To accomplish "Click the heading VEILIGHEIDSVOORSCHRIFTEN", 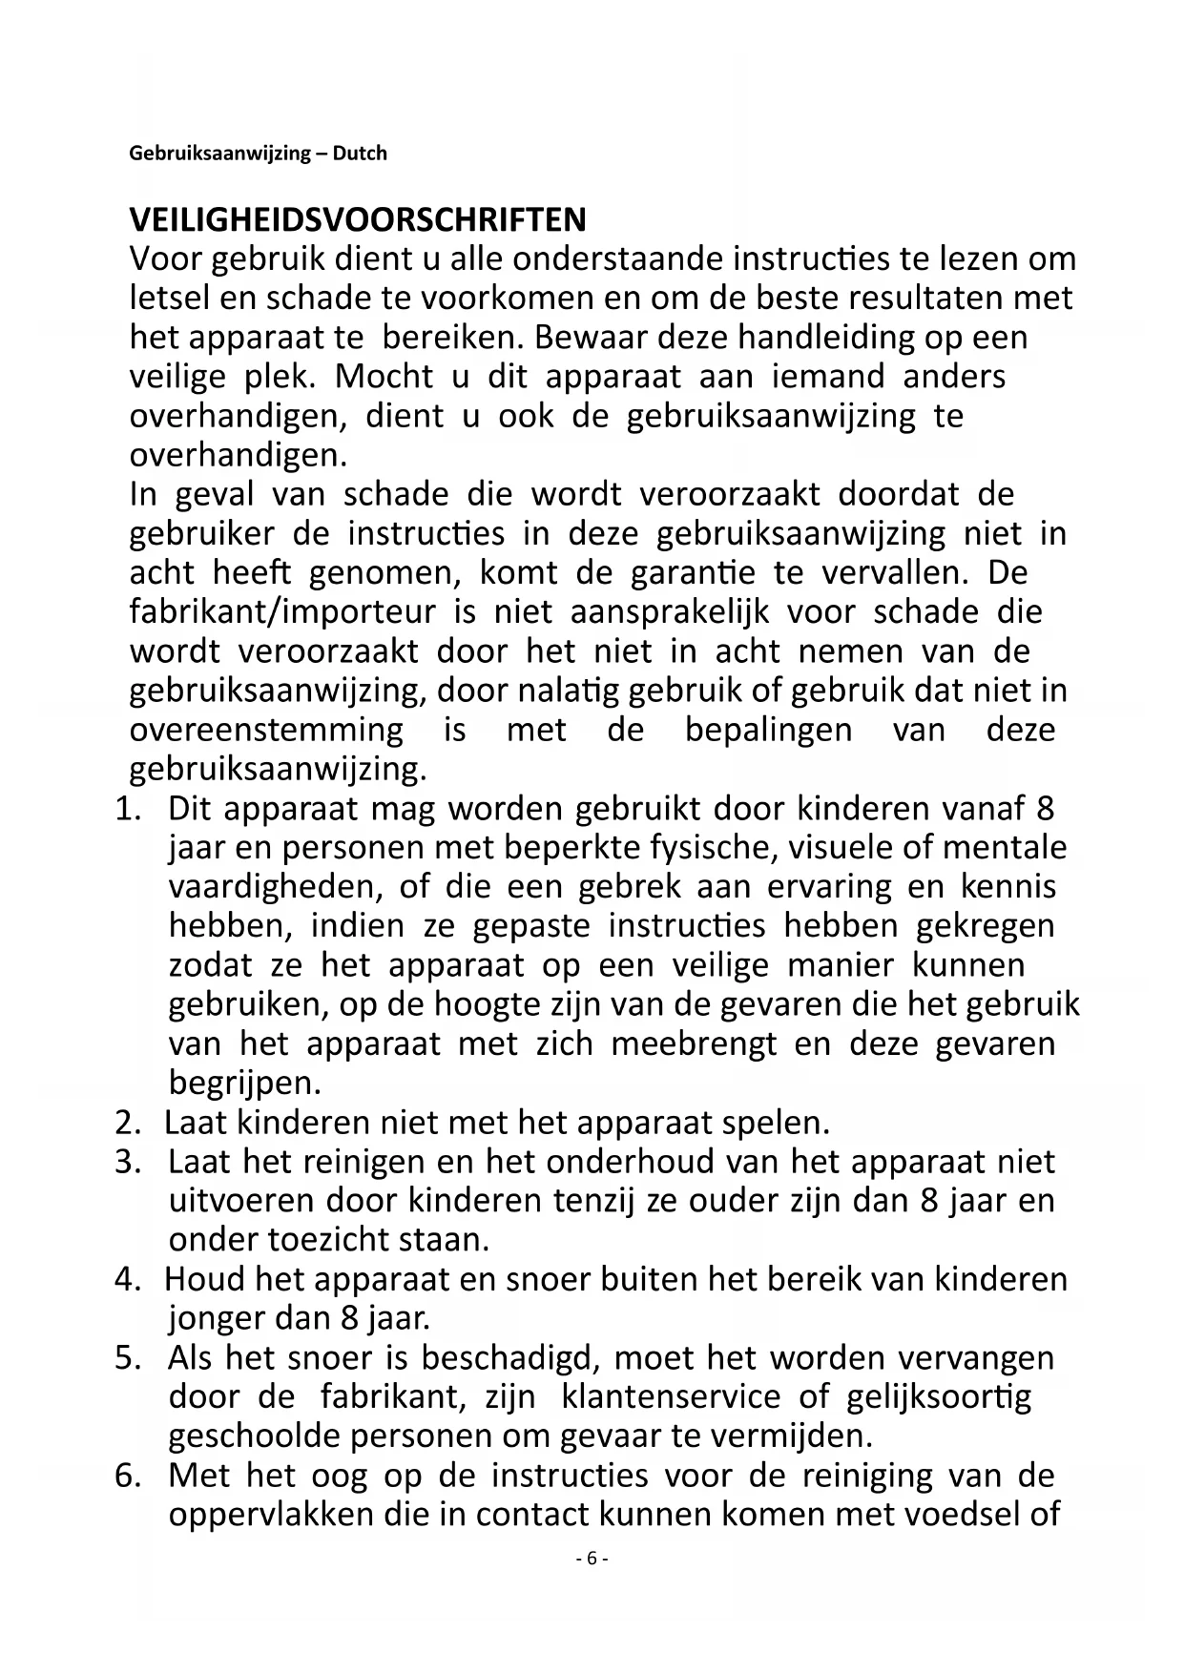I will tap(358, 220).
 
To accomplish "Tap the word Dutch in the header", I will tap(361, 154).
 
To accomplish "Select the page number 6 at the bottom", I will tap(592, 1558).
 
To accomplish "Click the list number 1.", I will tap(127, 809).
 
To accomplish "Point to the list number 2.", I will tap(127, 1123).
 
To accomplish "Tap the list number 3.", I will tap(127, 1162).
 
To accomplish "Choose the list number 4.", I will tap(127, 1279).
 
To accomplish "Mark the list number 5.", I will tap(127, 1357).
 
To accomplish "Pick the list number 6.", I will tap(127, 1476).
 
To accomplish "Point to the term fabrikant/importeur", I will tap(282, 612).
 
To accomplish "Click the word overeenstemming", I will tap(266, 731).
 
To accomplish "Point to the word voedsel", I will tap(959, 1515).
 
